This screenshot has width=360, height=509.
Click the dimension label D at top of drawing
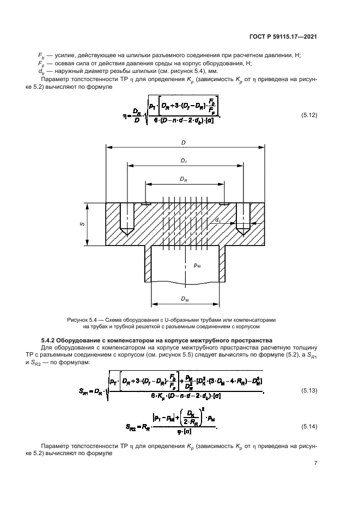[184, 142]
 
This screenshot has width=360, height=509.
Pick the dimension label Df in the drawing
[184, 161]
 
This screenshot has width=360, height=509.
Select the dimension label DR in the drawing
[184, 179]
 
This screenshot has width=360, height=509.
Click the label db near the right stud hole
[218, 220]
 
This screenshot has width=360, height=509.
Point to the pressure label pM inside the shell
[198, 266]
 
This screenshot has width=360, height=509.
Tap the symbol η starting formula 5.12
[125, 115]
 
